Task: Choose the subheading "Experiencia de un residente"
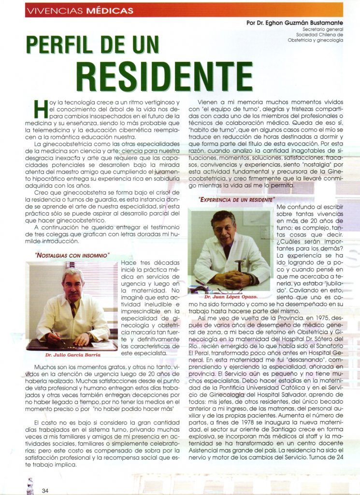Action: tap(236, 199)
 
